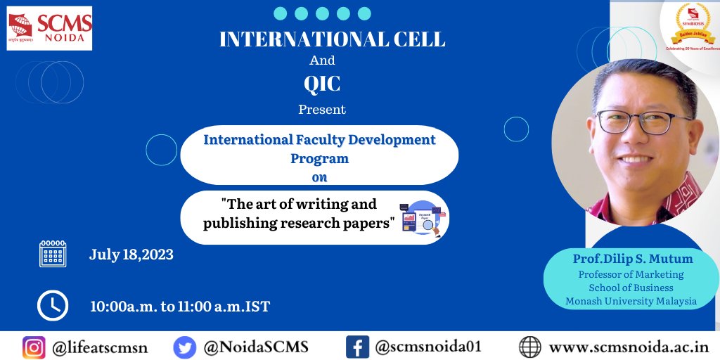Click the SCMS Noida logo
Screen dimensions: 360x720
[49, 29]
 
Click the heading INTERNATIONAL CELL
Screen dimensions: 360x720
[332, 39]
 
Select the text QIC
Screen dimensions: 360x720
[322, 84]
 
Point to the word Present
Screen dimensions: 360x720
[322, 110]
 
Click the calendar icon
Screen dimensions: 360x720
[53, 254]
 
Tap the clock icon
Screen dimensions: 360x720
[53, 305]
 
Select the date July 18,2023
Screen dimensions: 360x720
[131, 255]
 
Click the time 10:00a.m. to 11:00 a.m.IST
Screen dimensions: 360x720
[180, 307]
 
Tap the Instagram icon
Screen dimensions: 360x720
[34, 347]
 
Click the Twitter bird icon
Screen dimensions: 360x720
[184, 347]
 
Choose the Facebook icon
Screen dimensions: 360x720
[357, 347]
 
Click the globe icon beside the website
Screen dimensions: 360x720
[529, 347]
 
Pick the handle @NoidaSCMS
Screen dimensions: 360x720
[257, 347]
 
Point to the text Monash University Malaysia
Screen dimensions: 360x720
[631, 301]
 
